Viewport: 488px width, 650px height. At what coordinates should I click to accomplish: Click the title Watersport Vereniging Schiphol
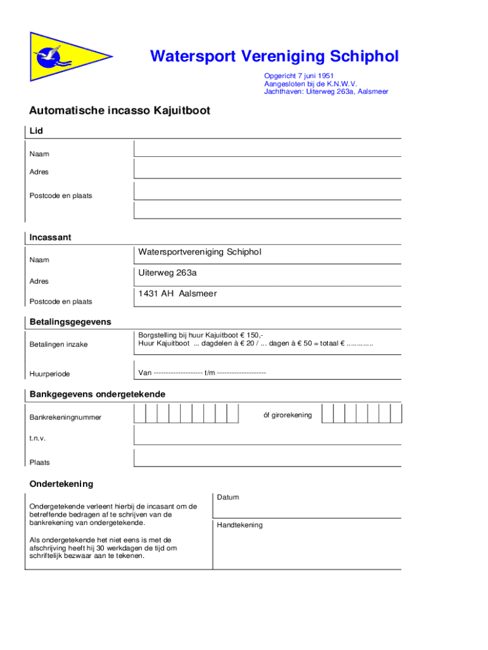(274, 57)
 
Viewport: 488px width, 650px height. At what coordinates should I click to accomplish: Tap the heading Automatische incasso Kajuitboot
(120, 111)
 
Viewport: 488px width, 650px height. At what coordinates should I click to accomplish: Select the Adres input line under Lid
(267, 169)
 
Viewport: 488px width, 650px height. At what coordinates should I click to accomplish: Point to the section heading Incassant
(50, 237)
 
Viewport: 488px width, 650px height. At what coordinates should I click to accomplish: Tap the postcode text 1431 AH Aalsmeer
(177, 294)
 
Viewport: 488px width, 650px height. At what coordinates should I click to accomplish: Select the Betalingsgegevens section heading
(70, 322)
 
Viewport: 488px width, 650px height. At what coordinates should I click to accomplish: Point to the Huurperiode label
(49, 373)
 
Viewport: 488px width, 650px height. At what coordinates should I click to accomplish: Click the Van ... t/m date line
(202, 373)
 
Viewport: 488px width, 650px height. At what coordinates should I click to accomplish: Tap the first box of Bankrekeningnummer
(140, 414)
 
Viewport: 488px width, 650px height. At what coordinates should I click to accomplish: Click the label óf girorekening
(287, 415)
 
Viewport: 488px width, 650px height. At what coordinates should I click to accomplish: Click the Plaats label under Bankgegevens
(39, 462)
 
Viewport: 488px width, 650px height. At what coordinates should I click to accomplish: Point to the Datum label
(228, 497)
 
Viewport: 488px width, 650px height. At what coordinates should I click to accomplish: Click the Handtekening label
(240, 525)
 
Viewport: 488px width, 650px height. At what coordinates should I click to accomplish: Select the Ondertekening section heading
(61, 484)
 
